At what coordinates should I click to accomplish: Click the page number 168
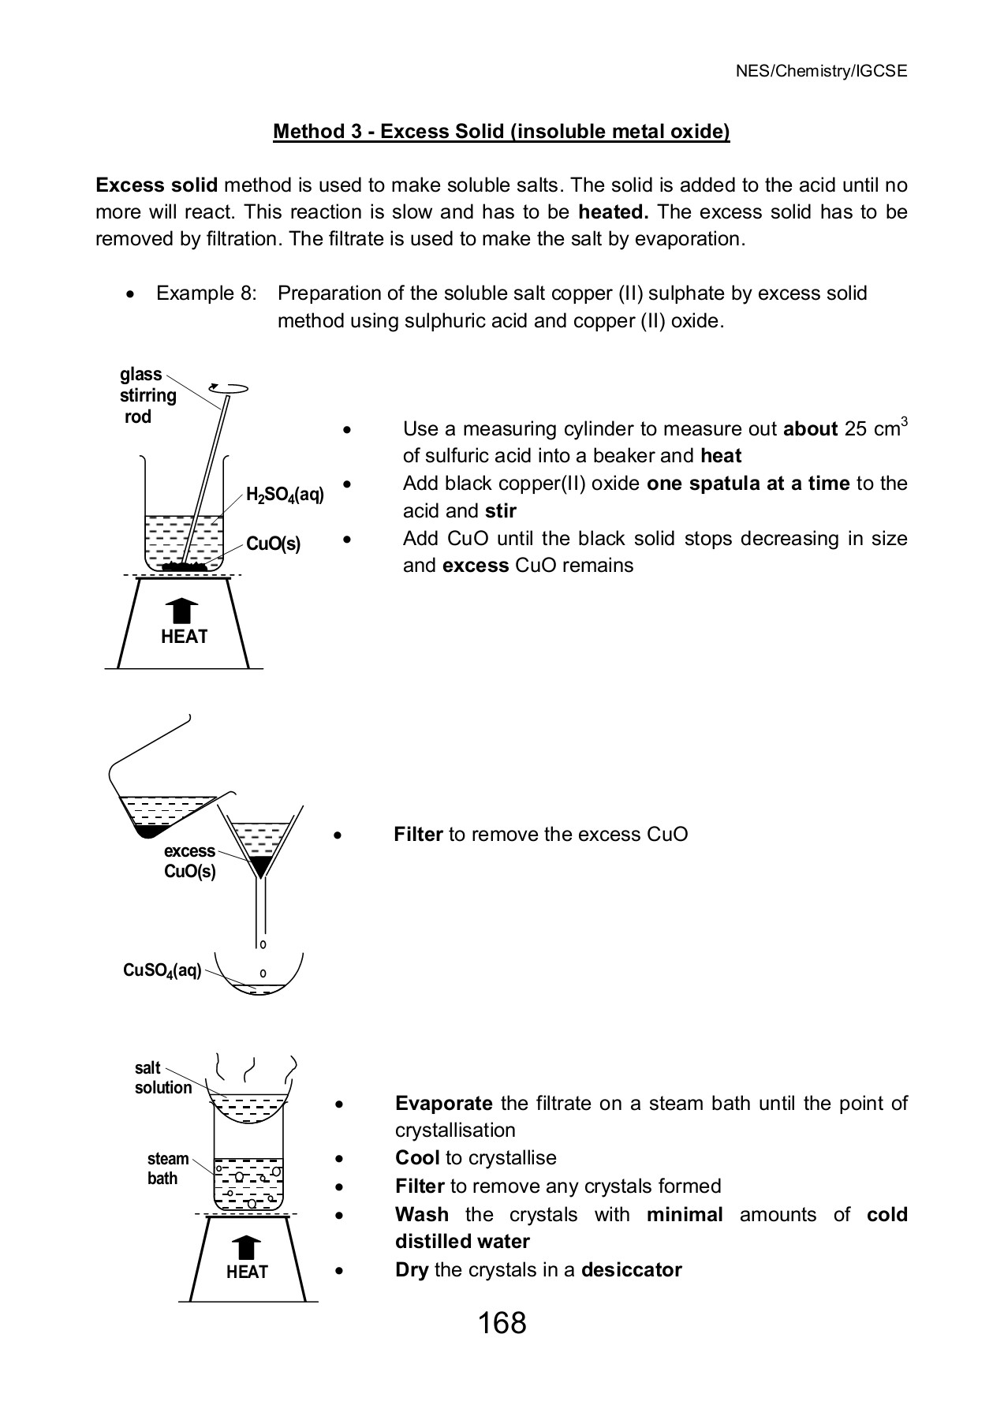click(502, 1323)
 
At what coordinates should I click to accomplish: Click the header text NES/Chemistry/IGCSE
click(821, 71)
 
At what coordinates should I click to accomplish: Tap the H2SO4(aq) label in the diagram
click(285, 495)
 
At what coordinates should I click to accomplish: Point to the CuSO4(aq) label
click(162, 970)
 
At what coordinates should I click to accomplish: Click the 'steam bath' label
click(167, 1168)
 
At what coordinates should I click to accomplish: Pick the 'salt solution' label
click(162, 1078)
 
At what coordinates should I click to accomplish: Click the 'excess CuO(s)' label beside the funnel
click(189, 861)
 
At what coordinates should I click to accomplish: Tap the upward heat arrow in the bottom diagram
click(246, 1247)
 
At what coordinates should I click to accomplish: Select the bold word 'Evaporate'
click(443, 1103)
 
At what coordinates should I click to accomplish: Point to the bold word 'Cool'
click(417, 1158)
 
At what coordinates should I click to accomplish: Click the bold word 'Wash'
click(421, 1214)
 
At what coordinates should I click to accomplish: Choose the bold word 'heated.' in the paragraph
click(613, 212)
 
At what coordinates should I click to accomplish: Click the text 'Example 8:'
click(206, 293)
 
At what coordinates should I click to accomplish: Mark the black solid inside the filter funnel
click(259, 865)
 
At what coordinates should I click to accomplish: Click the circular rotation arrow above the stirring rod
click(229, 387)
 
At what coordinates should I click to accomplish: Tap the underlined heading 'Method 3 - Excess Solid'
click(501, 131)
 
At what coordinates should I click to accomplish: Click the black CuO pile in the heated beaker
click(184, 566)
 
